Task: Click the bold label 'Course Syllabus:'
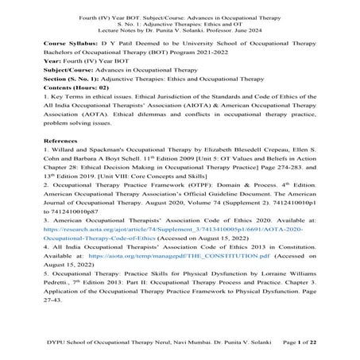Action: click(x=63, y=40)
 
